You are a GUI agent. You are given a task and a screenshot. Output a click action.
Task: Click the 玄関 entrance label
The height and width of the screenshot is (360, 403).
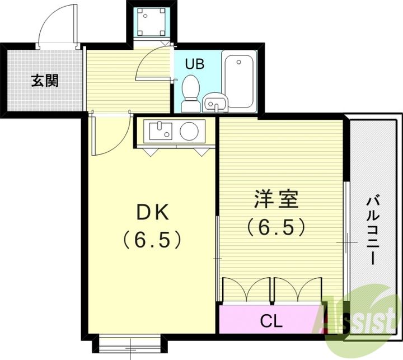(x=44, y=81)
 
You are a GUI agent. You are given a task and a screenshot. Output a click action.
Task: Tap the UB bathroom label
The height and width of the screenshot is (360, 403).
(x=195, y=64)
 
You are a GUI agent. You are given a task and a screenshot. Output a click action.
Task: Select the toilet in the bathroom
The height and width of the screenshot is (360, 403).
(x=191, y=93)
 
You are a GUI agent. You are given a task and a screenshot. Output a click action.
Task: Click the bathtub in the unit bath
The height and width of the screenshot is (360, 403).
(x=239, y=80)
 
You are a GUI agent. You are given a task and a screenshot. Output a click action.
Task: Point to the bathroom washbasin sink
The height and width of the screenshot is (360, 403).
(x=215, y=103)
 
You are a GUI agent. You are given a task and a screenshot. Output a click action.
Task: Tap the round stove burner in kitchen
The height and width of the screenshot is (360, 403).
(x=189, y=132)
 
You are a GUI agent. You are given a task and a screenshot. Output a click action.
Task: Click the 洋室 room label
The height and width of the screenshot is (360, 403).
(x=275, y=200)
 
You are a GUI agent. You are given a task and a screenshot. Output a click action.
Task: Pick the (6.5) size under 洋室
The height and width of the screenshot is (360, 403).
(x=275, y=227)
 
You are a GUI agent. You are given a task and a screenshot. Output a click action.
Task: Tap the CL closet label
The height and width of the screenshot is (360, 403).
(x=272, y=321)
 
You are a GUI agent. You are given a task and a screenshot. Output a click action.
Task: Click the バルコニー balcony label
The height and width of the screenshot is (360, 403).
(x=371, y=230)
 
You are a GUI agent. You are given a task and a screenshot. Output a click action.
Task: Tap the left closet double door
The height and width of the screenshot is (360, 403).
(x=247, y=290)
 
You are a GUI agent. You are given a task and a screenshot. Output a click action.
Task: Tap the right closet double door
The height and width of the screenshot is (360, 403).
(x=297, y=290)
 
